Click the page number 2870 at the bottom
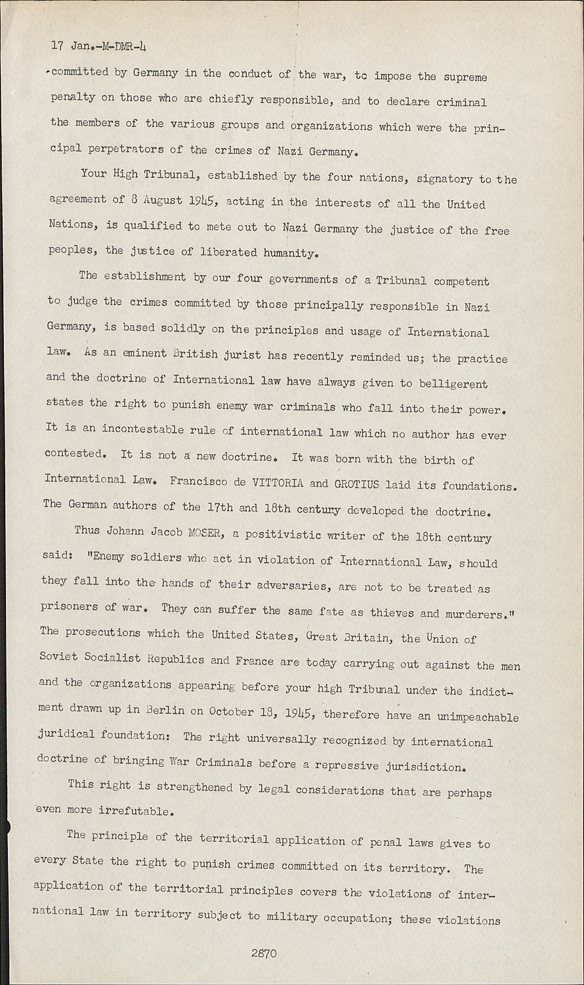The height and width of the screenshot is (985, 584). point(264,953)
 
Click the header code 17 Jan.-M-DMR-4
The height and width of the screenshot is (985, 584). point(98,47)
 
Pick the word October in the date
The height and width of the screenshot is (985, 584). point(231,711)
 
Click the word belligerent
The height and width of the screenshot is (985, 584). point(452,383)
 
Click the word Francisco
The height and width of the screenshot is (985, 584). point(199,482)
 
